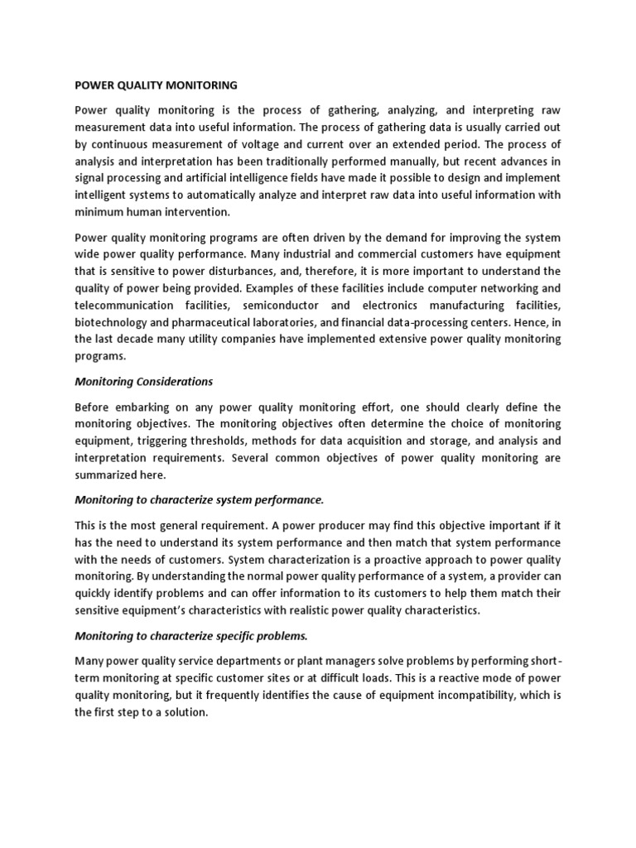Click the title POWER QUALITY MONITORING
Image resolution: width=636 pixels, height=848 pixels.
156,84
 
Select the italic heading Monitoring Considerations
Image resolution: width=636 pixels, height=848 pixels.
143,382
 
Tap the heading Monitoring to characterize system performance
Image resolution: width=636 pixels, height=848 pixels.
199,500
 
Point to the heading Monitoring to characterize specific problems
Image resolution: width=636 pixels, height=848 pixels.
190,636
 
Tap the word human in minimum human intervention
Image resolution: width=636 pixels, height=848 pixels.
171,212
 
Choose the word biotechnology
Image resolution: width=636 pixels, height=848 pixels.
111,322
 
